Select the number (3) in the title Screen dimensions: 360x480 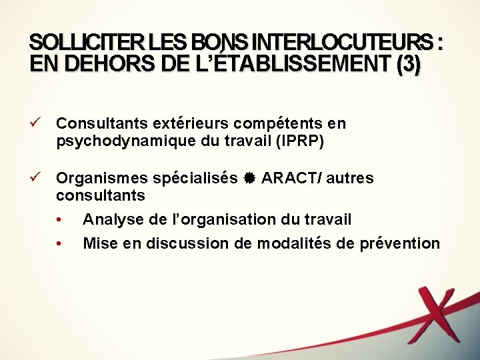pyautogui.click(x=407, y=65)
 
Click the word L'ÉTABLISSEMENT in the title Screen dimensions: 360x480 pyautogui.click(x=273, y=65)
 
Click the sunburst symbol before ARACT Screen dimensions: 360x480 pyautogui.click(x=249, y=179)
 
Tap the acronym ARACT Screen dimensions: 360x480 pyautogui.click(x=285, y=179)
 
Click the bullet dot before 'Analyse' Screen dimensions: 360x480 pyautogui.click(x=59, y=220)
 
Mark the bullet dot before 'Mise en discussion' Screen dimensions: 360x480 pyautogui.click(x=59, y=244)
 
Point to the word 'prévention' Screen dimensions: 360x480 pyautogui.click(x=400, y=243)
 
